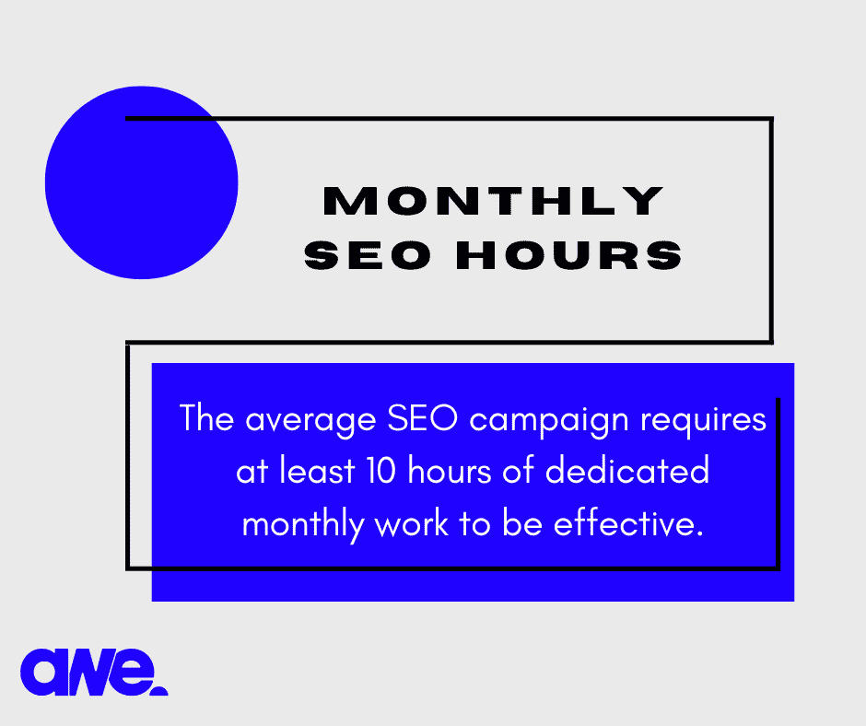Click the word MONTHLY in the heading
[493, 201]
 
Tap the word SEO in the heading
[368, 255]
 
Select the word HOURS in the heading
[568, 255]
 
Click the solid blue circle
[141, 182]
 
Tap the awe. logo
[94, 673]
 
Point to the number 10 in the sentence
[381, 471]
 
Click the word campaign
[549, 421]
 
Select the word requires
[703, 421]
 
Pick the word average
[310, 421]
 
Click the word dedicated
[626, 471]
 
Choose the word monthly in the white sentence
[303, 525]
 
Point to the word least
[317, 471]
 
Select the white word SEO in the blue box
[423, 419]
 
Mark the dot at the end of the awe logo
[159, 691]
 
